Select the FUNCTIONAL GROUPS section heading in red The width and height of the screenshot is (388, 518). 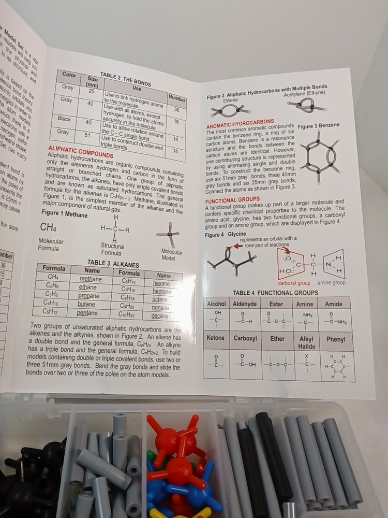pyautogui.click(x=232, y=199)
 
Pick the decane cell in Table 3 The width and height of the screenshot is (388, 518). pyautogui.click(x=160, y=316)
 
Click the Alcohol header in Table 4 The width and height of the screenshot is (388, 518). pyautogui.click(x=217, y=304)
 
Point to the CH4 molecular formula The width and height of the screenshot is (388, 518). pyautogui.click(x=48, y=227)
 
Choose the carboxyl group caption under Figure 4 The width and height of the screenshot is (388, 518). pyautogui.click(x=294, y=283)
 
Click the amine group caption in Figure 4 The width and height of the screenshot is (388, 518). pyautogui.click(x=331, y=282)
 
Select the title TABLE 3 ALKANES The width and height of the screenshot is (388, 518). pyautogui.click(x=113, y=264)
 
